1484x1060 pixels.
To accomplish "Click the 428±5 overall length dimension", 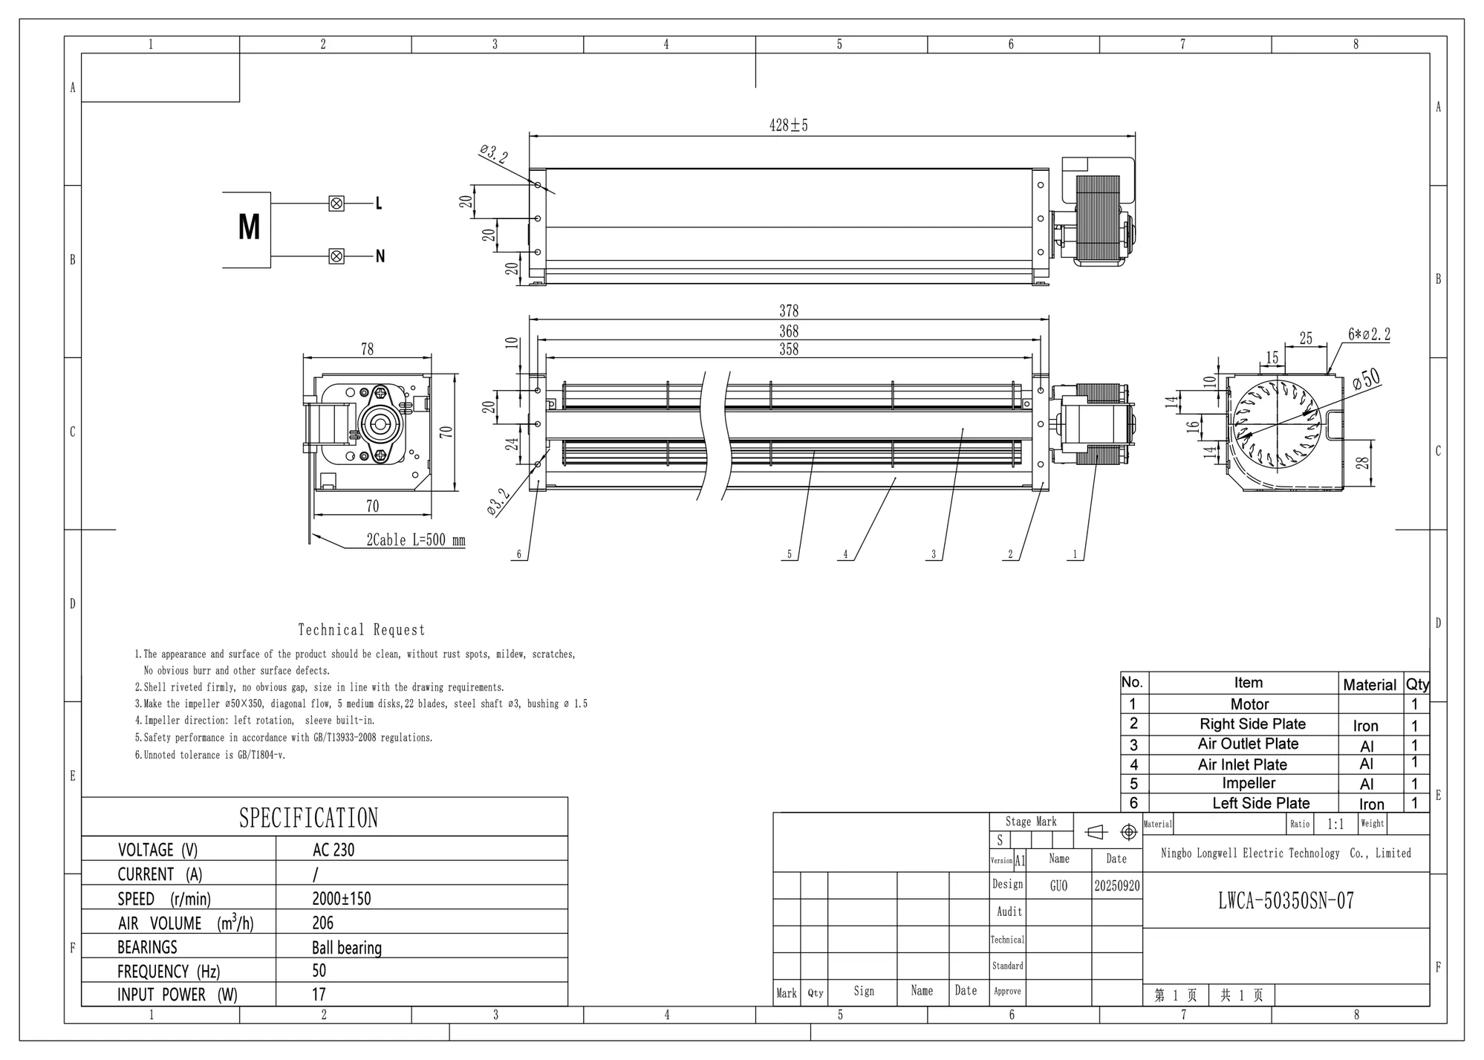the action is (788, 126).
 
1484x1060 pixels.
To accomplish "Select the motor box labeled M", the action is (247, 230).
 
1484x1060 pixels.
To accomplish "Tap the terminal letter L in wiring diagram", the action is (379, 204).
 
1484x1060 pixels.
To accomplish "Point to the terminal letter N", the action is (380, 256).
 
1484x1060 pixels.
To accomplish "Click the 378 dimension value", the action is (789, 310).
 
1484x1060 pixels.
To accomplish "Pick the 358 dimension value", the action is (789, 349).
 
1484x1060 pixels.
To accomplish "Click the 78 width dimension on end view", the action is (367, 349).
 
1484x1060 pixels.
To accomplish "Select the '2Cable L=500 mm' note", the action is (416, 540).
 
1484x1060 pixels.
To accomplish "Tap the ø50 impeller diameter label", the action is (1366, 380).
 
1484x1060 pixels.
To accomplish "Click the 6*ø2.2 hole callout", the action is (1369, 335).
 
